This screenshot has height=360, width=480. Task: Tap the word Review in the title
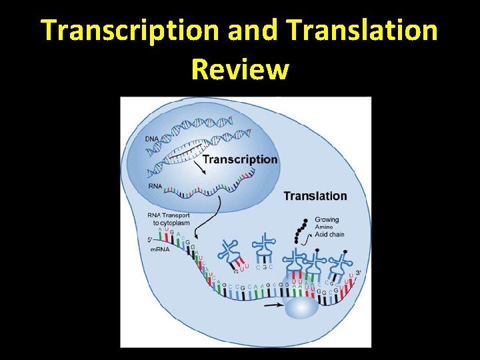[x=240, y=69]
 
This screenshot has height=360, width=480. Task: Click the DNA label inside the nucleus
[x=152, y=138]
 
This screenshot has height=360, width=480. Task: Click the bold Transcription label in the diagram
[x=239, y=159]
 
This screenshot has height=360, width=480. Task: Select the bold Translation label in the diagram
[x=315, y=196]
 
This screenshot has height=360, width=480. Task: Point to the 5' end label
[x=150, y=240]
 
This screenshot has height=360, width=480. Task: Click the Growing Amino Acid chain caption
[x=327, y=227]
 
